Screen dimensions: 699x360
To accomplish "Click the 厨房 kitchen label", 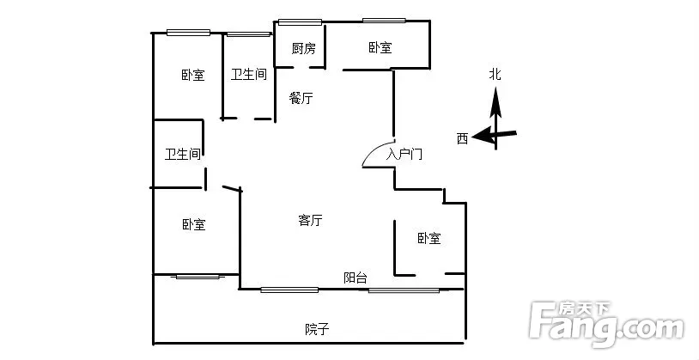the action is pos(304,48).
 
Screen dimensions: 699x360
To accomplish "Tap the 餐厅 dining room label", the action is pos(301,98).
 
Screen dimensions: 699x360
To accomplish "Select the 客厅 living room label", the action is pos(310,220).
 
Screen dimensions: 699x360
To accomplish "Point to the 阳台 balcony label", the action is pos(356,278).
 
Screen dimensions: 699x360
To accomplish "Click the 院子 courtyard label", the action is pos(317,330).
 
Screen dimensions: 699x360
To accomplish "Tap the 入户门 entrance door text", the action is pos(404,155).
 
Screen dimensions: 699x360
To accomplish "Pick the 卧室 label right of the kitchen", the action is pos(380,47).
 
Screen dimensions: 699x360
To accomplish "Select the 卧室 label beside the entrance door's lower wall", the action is pos(429,238).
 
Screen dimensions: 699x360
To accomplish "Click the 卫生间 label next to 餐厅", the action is pos(249,74).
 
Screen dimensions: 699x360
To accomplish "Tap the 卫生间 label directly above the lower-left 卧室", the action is pos(183,155).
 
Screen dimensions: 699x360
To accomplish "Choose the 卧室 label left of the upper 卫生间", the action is pos(193,75).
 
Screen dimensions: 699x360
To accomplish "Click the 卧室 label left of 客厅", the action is pos(194,224).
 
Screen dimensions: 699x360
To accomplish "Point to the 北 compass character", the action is pos(495,74).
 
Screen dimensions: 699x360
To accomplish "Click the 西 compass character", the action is pos(462,138).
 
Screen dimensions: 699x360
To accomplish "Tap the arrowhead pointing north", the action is pos(495,101).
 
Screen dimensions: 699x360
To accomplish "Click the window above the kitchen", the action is pos(300,21).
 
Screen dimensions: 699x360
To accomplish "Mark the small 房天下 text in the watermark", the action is pos(585,308).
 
